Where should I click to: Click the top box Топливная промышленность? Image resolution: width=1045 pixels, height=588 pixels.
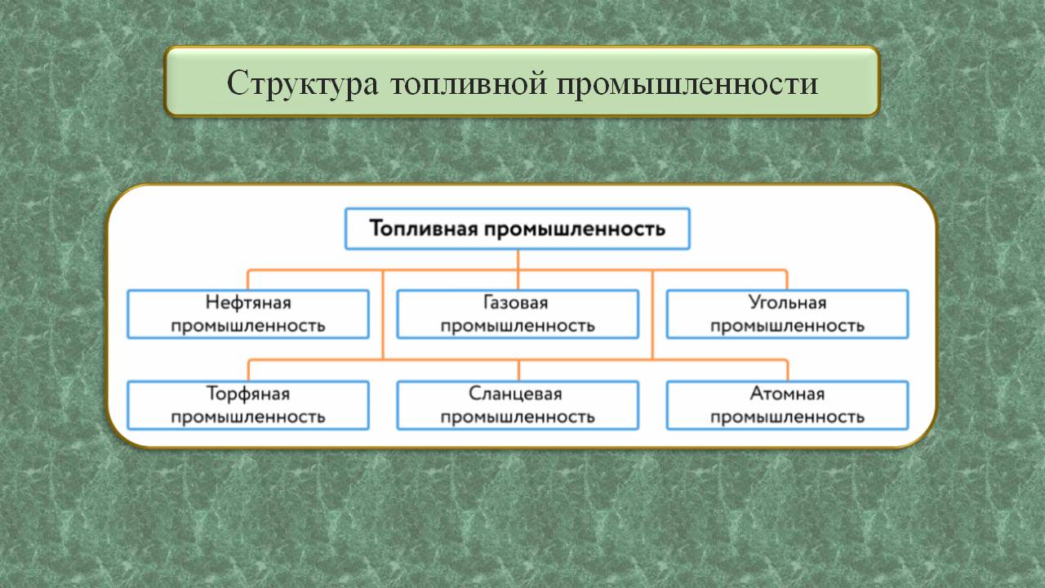pos(518,229)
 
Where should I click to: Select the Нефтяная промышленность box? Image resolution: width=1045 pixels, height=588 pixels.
pos(248,314)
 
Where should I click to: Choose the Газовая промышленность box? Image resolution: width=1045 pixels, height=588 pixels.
pos(518,314)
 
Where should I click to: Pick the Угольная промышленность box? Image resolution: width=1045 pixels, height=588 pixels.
pos(787,314)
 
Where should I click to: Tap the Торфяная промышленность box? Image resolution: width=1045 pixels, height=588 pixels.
pos(248,405)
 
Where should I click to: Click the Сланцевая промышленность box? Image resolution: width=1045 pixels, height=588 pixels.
pos(518,405)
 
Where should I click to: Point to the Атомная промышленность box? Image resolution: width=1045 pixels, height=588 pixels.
pos(787,405)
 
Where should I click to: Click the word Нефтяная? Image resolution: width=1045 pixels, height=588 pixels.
pos(248,303)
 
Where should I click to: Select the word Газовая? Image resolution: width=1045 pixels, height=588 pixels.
pos(517,303)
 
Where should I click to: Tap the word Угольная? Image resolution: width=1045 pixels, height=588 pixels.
pos(787,303)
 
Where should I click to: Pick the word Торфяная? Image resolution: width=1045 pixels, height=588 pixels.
pos(248,394)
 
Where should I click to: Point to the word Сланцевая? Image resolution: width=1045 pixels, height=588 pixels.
pos(517,394)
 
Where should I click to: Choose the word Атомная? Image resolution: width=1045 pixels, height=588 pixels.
pos(787,394)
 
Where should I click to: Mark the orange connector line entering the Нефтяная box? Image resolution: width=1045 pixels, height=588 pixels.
pos(248,279)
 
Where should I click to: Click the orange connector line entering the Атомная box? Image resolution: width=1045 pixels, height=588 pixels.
pos(787,370)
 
